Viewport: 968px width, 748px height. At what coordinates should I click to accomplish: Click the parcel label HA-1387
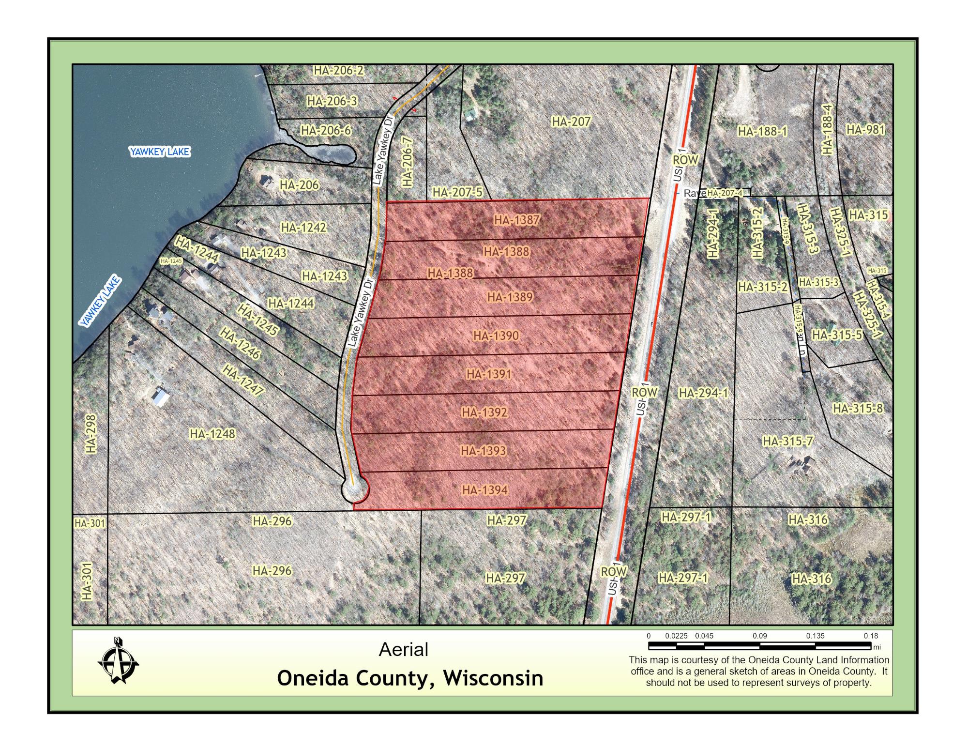pyautogui.click(x=516, y=220)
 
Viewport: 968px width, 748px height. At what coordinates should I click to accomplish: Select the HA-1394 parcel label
pyautogui.click(x=485, y=490)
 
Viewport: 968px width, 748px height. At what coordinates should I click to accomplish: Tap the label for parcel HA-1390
pyautogui.click(x=496, y=336)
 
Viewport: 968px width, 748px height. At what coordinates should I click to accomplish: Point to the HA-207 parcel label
pyautogui.click(x=571, y=122)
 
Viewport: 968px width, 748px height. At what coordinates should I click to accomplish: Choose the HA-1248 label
pyautogui.click(x=212, y=434)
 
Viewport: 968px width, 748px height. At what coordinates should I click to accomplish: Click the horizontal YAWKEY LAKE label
pyautogui.click(x=159, y=152)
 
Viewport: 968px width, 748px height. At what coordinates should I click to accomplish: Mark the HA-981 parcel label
pyautogui.click(x=865, y=130)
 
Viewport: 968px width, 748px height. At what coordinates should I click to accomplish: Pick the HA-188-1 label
pyautogui.click(x=762, y=132)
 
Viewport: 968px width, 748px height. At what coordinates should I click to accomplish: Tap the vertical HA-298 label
pyautogui.click(x=91, y=433)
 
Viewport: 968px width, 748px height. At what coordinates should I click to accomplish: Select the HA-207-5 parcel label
pyautogui.click(x=457, y=193)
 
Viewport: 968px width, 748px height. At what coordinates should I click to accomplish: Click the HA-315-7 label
pyautogui.click(x=787, y=442)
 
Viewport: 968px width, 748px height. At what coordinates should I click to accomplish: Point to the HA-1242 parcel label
pyautogui.click(x=303, y=228)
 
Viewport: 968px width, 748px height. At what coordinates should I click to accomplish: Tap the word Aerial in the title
pyautogui.click(x=404, y=650)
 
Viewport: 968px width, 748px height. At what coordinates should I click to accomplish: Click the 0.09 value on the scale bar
pyautogui.click(x=759, y=636)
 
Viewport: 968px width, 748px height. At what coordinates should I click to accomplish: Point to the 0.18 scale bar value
pyautogui.click(x=870, y=636)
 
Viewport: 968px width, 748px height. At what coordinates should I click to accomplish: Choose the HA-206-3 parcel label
pyautogui.click(x=332, y=101)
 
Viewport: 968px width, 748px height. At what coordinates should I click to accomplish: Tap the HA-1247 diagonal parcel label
pyautogui.click(x=243, y=380)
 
